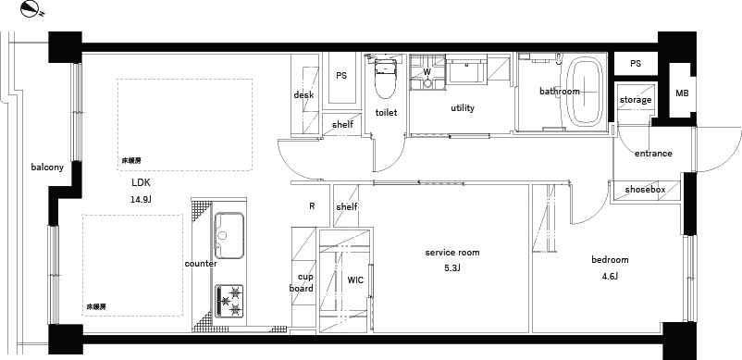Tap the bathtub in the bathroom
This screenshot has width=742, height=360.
pos(585,92)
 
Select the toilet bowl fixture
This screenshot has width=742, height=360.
pos(384,77)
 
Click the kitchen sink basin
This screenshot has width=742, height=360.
pos(229,235)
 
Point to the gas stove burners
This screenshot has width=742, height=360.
pos(229,301)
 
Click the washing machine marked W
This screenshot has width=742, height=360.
pos(427,72)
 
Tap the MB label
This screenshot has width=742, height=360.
pos(682,93)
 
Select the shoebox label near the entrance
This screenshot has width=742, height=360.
pos(645,190)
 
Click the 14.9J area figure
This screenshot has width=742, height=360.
pos(141,200)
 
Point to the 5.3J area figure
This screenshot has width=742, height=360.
pos(451,268)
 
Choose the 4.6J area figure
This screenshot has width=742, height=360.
pos(610,277)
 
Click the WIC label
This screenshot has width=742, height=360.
pos(355,280)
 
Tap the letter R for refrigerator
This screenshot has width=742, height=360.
pos(312,206)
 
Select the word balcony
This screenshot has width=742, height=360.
pos(47,167)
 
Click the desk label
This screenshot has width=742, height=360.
pos(303,95)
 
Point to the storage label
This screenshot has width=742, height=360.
pos(636,100)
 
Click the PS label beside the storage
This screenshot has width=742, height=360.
pos(636,63)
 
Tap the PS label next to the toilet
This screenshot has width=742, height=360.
pos(341,76)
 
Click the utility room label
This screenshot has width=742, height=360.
pos(463,108)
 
